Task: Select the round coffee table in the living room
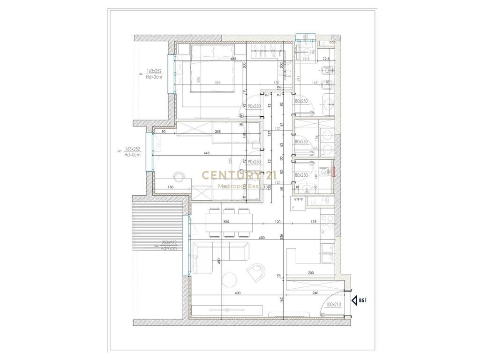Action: click(x=231, y=280)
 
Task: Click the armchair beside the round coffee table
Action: click(x=257, y=272)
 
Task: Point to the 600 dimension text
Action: click(x=262, y=238)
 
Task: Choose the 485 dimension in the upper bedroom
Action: click(x=233, y=59)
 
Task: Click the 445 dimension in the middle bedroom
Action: click(x=206, y=153)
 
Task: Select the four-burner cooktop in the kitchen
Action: click(x=327, y=220)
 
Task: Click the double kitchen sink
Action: click(x=327, y=253)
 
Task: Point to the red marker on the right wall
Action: click(x=334, y=171)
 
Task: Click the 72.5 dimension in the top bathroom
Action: click(x=326, y=59)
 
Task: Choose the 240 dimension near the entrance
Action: click(x=315, y=293)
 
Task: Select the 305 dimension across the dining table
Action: click(x=226, y=222)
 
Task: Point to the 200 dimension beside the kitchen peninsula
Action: click(x=311, y=272)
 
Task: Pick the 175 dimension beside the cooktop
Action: click(x=314, y=222)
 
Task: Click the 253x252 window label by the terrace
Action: click(x=169, y=243)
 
